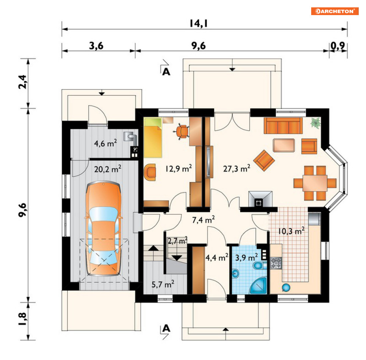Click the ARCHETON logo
click(x=334, y=11)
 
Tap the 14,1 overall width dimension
click(x=198, y=23)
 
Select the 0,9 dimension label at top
click(x=338, y=46)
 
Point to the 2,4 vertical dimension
click(x=23, y=82)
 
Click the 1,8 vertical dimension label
click(x=23, y=319)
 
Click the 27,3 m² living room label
click(x=237, y=168)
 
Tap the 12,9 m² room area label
click(x=178, y=168)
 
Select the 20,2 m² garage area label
click(x=108, y=169)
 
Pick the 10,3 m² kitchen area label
click(x=291, y=231)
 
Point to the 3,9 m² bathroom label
click(x=246, y=257)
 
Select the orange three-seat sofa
click(x=283, y=126)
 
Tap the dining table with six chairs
click(x=315, y=183)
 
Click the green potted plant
click(x=316, y=123)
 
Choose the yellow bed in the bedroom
click(x=153, y=138)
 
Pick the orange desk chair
click(x=182, y=131)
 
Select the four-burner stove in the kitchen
click(x=276, y=263)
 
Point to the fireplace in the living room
click(x=260, y=199)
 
